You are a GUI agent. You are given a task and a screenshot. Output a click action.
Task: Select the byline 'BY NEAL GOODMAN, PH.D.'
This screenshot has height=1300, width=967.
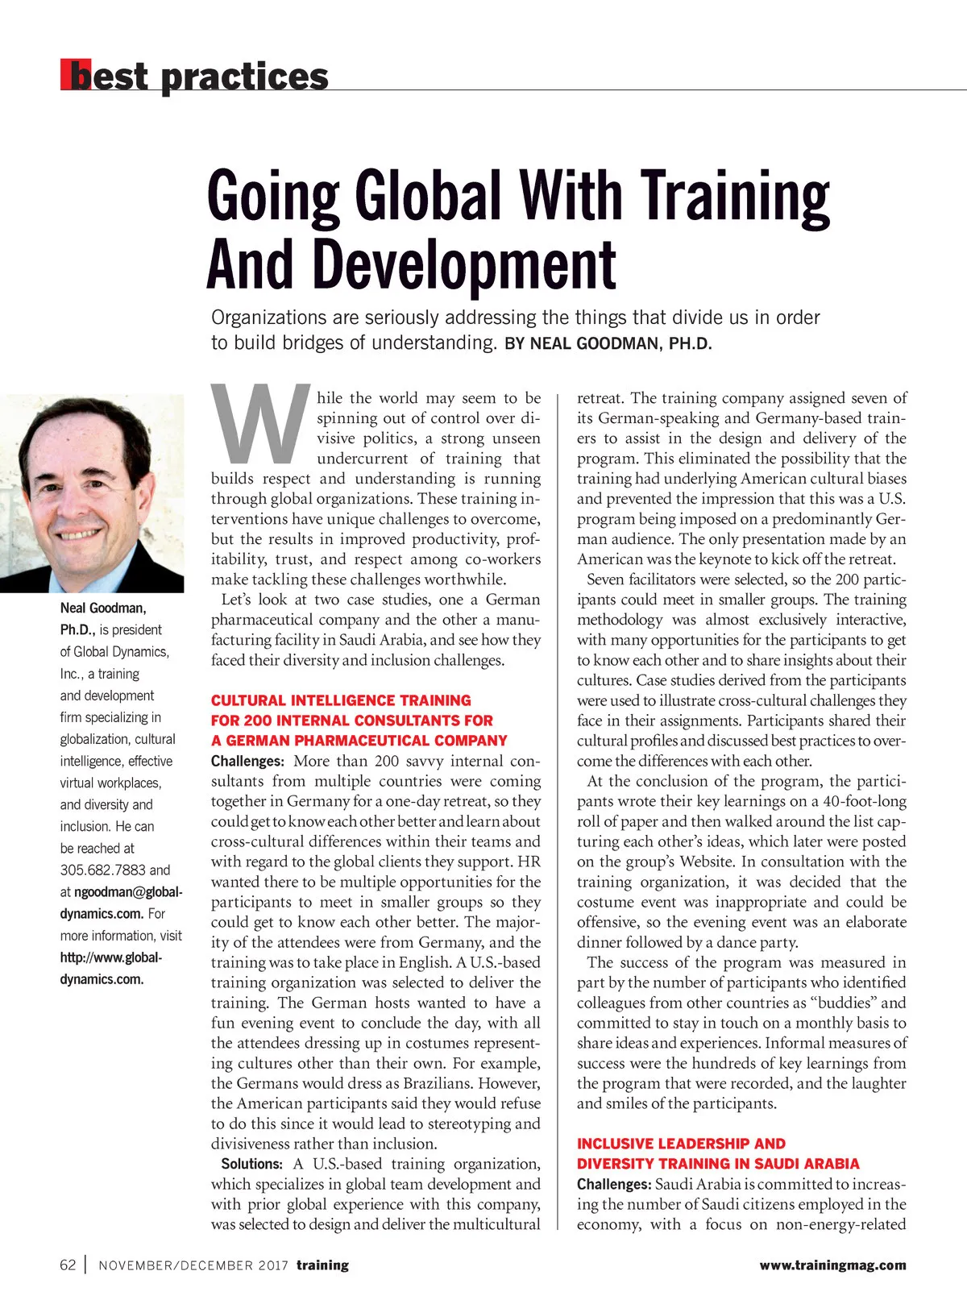point(608,344)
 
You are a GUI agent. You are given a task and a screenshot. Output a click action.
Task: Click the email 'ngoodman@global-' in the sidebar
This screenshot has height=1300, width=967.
point(128,892)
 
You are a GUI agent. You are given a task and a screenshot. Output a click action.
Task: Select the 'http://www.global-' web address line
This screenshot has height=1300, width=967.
point(111,957)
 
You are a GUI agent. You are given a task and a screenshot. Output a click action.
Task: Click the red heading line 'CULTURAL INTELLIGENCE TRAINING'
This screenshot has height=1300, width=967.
point(341,700)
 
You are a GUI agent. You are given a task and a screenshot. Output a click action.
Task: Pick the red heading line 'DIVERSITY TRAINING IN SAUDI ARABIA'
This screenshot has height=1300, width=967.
point(718,1164)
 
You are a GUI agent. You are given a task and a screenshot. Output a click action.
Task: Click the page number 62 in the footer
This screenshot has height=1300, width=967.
point(68,1265)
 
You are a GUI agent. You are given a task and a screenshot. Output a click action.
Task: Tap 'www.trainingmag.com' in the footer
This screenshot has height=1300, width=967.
point(832,1265)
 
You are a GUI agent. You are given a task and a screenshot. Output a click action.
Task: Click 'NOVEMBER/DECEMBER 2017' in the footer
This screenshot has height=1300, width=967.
point(193,1265)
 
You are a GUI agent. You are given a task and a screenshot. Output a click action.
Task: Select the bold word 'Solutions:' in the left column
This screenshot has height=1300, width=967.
point(251,1164)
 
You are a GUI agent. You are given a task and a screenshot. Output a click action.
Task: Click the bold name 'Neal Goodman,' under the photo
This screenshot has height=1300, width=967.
point(103,608)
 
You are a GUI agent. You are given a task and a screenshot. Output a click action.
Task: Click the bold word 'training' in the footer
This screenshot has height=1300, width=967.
point(322,1265)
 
